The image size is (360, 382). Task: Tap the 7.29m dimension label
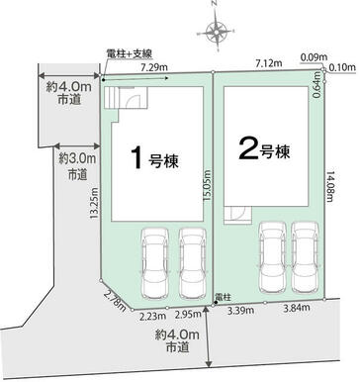(x=154, y=67)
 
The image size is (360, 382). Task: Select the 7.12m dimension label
(x=269, y=63)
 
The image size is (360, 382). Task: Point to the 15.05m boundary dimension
(x=207, y=185)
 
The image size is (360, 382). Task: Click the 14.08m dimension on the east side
(x=330, y=186)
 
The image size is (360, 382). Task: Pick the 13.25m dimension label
(x=94, y=203)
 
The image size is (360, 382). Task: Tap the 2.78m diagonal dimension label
(x=115, y=301)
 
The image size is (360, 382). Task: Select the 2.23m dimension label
(x=152, y=316)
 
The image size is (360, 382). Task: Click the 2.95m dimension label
(x=188, y=314)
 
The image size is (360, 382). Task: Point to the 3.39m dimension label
(x=240, y=310)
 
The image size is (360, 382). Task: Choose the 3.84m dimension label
(x=297, y=308)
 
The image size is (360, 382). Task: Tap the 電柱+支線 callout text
(x=130, y=53)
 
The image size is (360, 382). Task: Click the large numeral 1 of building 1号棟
(x=137, y=158)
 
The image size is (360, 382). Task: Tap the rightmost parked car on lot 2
(x=306, y=257)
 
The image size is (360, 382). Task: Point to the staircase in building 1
(x=112, y=98)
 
